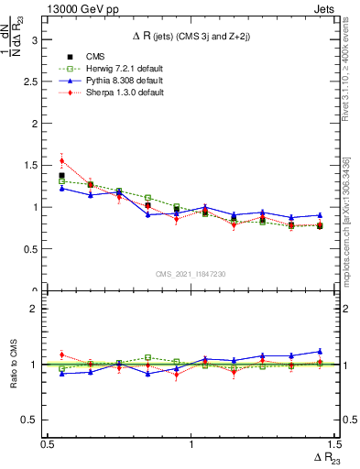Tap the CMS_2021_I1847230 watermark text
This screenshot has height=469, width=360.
(191, 275)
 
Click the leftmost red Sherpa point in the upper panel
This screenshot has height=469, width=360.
(61, 160)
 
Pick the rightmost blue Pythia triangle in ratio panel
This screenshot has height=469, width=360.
(320, 351)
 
